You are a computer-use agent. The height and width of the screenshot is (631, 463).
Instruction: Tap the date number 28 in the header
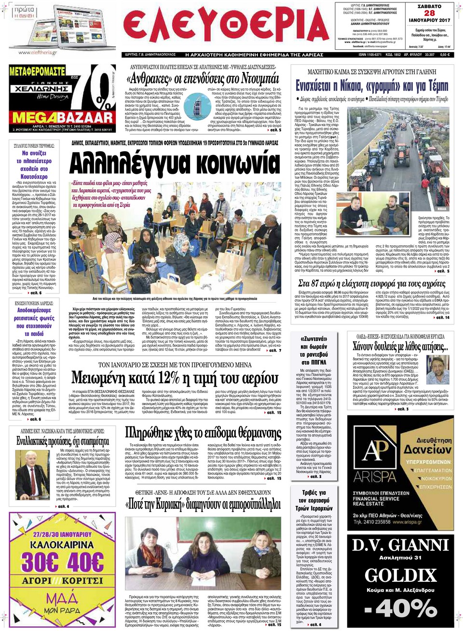(x=429, y=14)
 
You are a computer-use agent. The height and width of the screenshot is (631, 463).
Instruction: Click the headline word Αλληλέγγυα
(x=126, y=163)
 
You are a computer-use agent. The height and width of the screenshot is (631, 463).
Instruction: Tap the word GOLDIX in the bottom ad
(x=400, y=576)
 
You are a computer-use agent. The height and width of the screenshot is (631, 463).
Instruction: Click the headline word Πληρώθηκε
(x=156, y=433)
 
